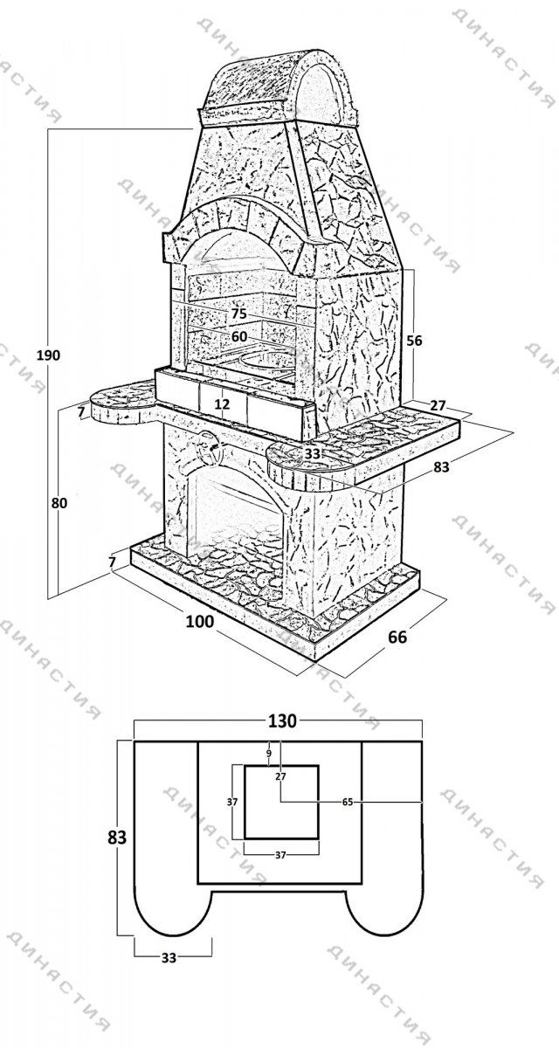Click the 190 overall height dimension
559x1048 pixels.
[x=49, y=355]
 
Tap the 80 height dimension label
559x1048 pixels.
[x=59, y=503]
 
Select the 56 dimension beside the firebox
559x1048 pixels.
[x=414, y=341]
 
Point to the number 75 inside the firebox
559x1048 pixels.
[x=238, y=314]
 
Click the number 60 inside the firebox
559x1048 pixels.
[x=239, y=337]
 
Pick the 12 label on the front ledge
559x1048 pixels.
[x=222, y=403]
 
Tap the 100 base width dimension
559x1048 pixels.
[x=200, y=621]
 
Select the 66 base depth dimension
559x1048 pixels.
[x=397, y=638]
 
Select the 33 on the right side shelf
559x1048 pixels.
[x=312, y=453]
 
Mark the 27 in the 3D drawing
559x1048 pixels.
[x=438, y=405]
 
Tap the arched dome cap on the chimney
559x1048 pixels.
[x=279, y=86]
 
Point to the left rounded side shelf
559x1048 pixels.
[x=122, y=404]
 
